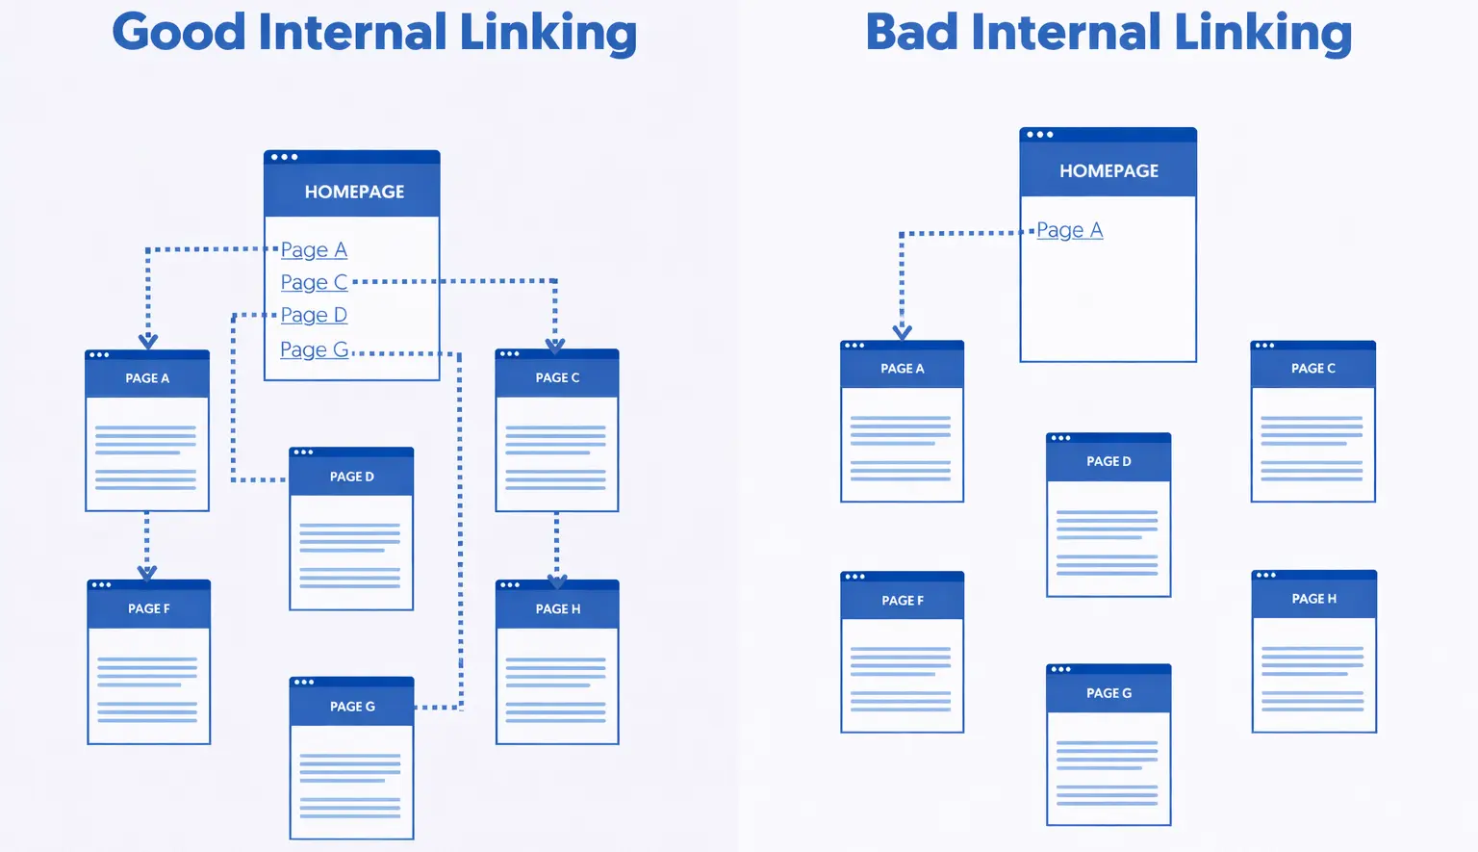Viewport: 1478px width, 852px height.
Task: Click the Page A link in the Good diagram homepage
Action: (314, 250)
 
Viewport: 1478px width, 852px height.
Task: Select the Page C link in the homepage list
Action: (314, 282)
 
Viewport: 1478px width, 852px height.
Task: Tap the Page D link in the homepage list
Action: (314, 315)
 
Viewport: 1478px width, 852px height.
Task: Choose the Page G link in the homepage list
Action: (314, 349)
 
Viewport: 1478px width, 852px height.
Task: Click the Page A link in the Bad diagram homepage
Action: (1069, 230)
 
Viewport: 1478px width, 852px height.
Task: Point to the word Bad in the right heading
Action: (910, 32)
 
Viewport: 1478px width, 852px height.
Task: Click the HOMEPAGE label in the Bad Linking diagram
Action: (1108, 171)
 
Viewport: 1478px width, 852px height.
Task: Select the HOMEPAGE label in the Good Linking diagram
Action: (354, 192)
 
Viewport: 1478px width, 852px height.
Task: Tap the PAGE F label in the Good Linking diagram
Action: (148, 608)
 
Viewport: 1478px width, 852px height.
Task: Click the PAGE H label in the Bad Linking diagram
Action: (1313, 599)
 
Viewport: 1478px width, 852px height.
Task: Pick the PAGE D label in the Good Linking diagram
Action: (351, 477)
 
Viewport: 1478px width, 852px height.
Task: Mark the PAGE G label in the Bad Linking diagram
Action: (1108, 693)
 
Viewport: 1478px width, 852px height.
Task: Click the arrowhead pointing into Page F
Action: (147, 573)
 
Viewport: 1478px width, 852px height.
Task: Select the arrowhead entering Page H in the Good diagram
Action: (557, 581)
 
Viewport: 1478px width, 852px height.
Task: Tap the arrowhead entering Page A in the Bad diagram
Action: (902, 332)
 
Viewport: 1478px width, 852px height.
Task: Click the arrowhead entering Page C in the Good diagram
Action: (555, 344)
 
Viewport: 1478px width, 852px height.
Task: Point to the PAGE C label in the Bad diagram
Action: (1312, 369)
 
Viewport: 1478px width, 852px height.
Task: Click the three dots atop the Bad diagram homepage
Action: (1039, 135)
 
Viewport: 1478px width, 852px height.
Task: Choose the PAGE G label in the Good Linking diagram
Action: (352, 707)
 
